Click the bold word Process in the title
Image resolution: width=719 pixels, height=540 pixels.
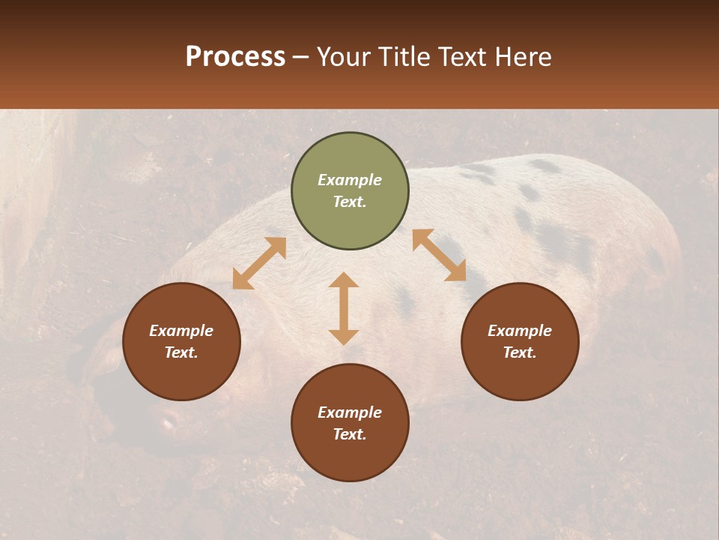(x=235, y=57)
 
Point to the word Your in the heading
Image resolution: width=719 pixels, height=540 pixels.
(x=345, y=57)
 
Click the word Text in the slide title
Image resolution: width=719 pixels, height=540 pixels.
(x=463, y=57)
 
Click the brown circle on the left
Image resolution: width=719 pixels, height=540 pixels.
(x=181, y=341)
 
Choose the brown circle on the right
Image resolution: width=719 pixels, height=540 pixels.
(x=520, y=341)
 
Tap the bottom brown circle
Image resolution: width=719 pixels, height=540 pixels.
(x=350, y=422)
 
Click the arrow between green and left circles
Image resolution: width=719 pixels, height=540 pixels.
(x=259, y=263)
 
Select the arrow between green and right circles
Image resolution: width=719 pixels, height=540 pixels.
(x=440, y=255)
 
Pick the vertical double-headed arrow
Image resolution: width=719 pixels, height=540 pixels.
(x=344, y=308)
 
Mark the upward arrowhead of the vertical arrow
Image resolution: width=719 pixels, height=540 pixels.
(x=344, y=280)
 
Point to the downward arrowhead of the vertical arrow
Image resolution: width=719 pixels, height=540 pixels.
(x=344, y=337)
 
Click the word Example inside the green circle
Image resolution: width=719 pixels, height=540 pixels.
(x=350, y=180)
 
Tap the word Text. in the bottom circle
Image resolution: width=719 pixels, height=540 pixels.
(x=350, y=434)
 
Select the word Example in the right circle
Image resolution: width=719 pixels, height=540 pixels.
(x=520, y=331)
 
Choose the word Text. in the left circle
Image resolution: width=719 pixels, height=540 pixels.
(x=181, y=352)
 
